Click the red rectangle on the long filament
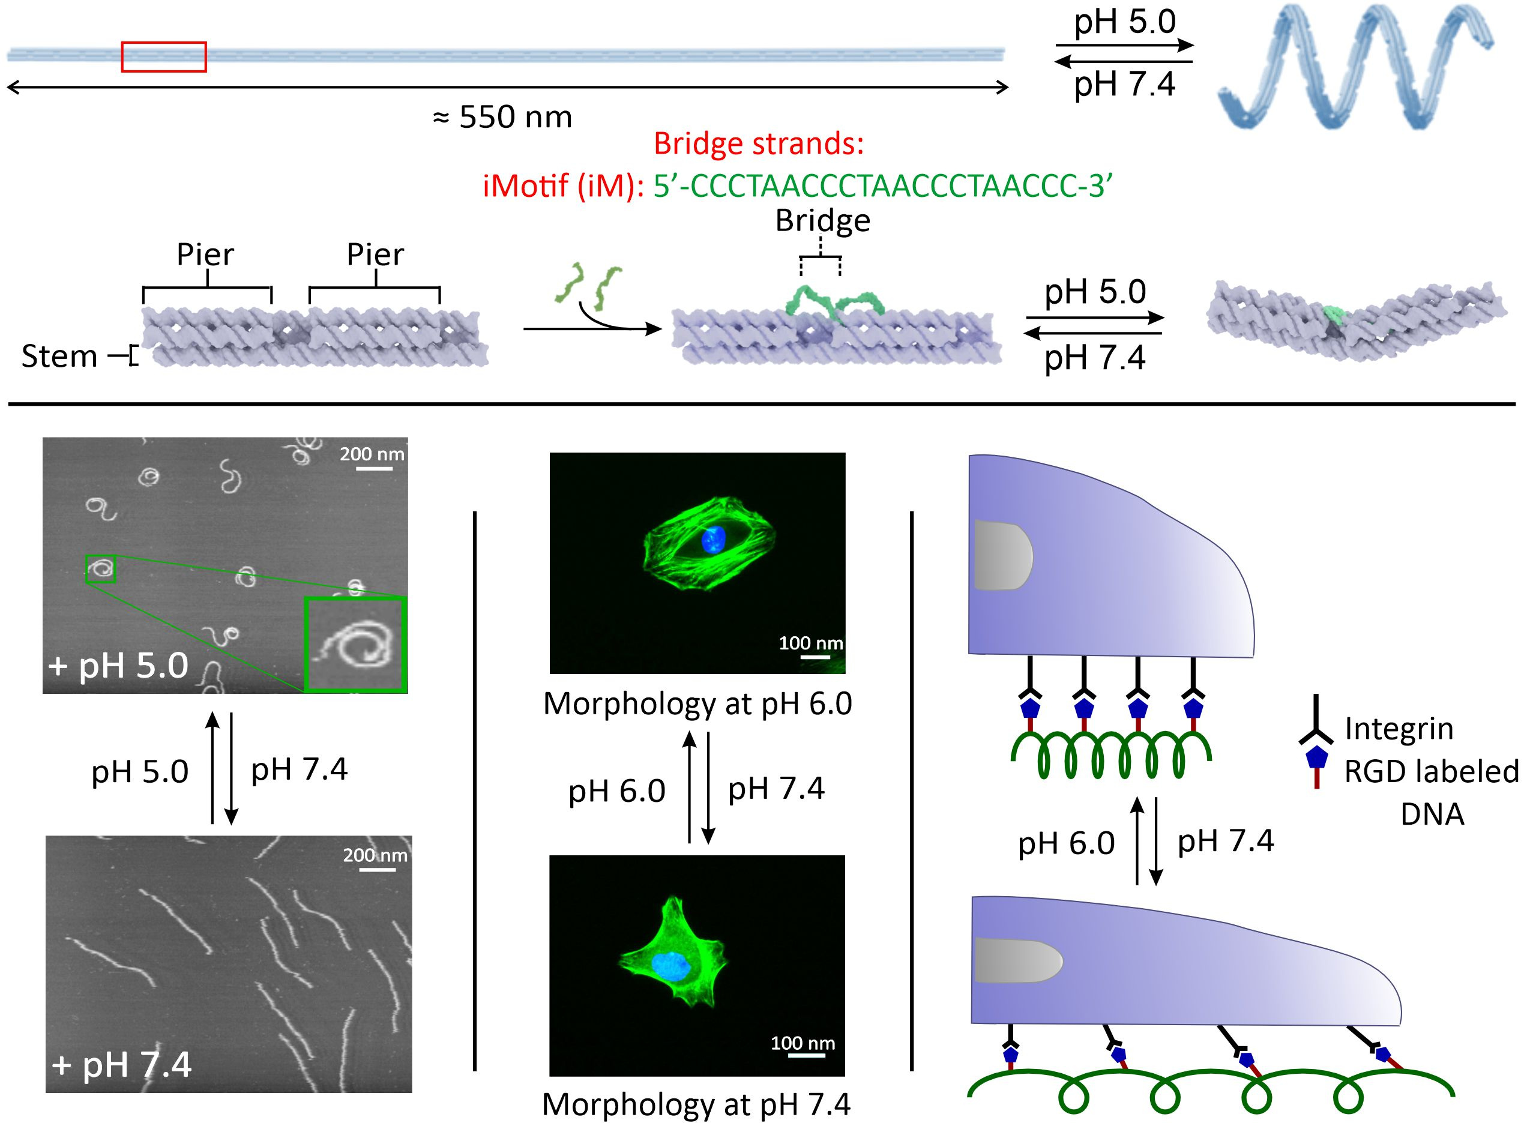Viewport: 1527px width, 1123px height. (164, 56)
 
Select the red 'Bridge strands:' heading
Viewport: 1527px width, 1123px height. (758, 143)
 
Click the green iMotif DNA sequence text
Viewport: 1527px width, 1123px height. (882, 185)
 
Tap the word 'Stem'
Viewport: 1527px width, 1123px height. (59, 356)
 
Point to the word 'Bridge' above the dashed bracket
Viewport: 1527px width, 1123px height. (823, 221)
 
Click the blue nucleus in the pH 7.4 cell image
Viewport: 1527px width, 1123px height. (672, 966)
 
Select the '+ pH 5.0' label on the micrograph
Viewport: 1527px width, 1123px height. (118, 665)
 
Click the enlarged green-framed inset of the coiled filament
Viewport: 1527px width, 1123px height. (355, 644)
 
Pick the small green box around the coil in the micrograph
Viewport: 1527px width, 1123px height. (101, 568)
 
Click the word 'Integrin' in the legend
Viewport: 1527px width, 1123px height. (1399, 729)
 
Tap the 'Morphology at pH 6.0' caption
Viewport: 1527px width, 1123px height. (697, 703)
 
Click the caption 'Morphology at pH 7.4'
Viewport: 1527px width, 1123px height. (696, 1104)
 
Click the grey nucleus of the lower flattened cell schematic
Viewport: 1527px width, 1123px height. (1017, 960)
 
